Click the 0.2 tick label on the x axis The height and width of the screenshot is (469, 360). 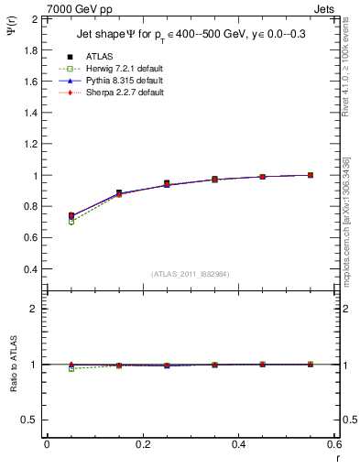[142, 444]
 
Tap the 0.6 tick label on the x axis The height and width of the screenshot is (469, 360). [334, 444]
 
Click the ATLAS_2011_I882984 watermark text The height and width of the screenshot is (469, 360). [191, 274]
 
